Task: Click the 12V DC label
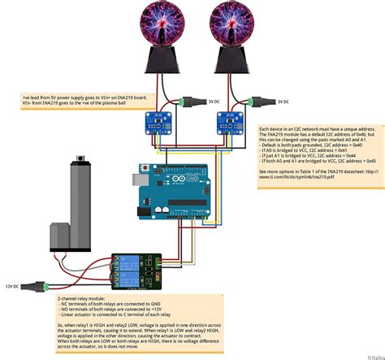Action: pos(12,287)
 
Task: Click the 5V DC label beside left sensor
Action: pos(212,102)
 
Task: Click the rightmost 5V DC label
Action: pos(283,102)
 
